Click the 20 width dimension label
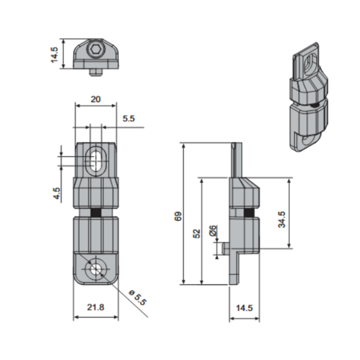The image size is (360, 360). [x=96, y=100]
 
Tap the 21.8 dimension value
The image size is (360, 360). [x=96, y=307]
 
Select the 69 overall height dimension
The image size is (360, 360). [x=178, y=216]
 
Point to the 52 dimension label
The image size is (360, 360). [x=197, y=233]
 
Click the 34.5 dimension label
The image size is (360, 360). [x=282, y=220]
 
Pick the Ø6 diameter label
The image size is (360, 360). [x=213, y=231]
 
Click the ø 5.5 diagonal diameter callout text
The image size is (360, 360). [x=137, y=298]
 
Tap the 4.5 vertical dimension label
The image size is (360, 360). [x=57, y=193]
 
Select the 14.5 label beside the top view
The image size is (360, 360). [x=55, y=55]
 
